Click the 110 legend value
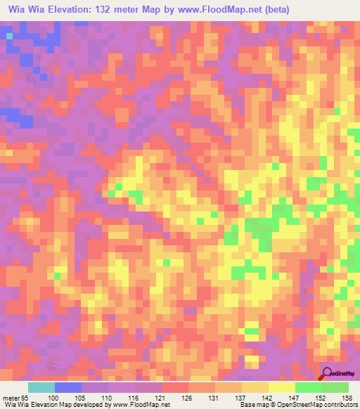pos(109,397)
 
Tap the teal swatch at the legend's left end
pos(41,387)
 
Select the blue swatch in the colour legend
pos(68,387)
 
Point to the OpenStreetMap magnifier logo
pos(328,373)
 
